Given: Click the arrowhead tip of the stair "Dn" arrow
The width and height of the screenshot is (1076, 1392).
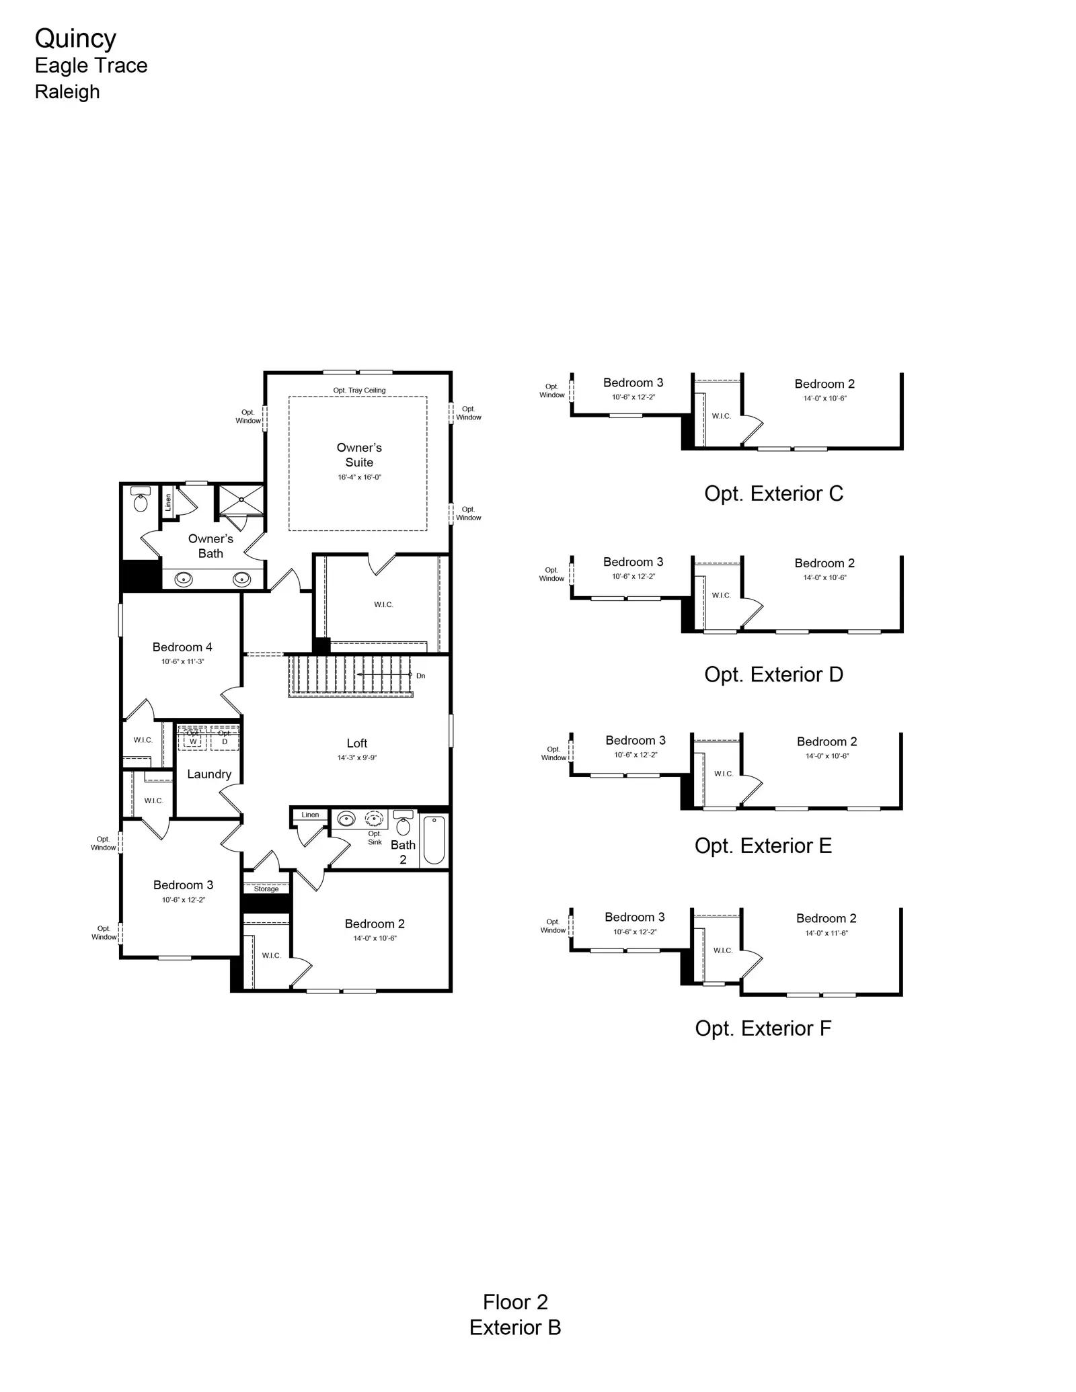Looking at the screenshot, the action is click(357, 674).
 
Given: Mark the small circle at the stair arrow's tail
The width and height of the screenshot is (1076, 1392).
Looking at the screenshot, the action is click(410, 674).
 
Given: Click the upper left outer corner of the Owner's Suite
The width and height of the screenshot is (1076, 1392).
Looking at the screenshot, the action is click(264, 371).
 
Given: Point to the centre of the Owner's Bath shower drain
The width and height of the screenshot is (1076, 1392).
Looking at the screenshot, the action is click(241, 500).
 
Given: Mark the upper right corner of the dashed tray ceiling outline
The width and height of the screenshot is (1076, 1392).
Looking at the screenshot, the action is click(427, 397).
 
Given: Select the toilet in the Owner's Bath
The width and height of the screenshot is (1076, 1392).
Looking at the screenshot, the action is click(141, 499).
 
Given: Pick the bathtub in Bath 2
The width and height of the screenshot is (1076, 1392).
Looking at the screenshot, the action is click(434, 840).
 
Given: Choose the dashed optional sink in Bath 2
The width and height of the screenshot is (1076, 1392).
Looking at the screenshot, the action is click(375, 819).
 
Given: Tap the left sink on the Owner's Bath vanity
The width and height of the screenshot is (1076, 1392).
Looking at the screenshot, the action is click(184, 579).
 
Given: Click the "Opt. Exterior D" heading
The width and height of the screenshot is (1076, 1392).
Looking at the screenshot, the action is click(773, 674).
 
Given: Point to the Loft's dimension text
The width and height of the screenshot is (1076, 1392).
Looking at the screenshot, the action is click(356, 758).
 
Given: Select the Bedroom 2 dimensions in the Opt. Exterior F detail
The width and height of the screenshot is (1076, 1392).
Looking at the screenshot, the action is click(827, 933).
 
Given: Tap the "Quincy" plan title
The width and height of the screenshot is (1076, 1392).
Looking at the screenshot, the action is click(75, 39).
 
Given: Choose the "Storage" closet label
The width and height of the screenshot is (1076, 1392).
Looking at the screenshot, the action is click(266, 889).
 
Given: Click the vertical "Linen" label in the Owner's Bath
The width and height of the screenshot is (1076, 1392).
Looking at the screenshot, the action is click(168, 501).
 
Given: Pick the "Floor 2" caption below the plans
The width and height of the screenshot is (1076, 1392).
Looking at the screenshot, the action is click(515, 1302).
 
